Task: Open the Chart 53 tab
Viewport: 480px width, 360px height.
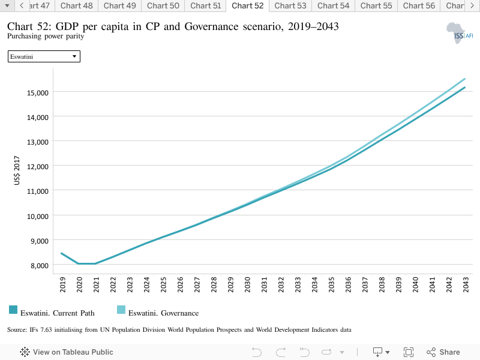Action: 290,6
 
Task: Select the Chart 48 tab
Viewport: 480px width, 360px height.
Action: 77,6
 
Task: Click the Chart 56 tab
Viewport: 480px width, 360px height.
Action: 419,6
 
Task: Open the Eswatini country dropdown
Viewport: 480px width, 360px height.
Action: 44,56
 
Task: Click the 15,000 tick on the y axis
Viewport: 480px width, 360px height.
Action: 38,93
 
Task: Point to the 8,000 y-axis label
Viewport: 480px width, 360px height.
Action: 39,266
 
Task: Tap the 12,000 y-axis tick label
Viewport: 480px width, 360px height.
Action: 38,167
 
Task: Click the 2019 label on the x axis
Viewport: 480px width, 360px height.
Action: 62,284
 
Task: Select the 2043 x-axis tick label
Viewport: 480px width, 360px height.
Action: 466,284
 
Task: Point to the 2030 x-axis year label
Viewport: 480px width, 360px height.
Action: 247,284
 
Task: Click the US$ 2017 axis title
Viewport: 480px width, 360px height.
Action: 17,170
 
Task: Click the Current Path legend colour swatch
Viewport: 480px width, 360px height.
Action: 13,310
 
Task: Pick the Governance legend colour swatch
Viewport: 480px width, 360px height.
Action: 121,310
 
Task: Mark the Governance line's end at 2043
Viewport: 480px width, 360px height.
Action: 464,79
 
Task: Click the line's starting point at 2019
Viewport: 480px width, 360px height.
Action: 62,253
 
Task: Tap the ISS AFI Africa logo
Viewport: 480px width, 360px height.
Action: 460,33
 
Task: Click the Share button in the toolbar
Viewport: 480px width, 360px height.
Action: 443,352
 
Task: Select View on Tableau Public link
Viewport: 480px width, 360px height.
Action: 67,352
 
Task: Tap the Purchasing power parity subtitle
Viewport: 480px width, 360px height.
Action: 46,36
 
